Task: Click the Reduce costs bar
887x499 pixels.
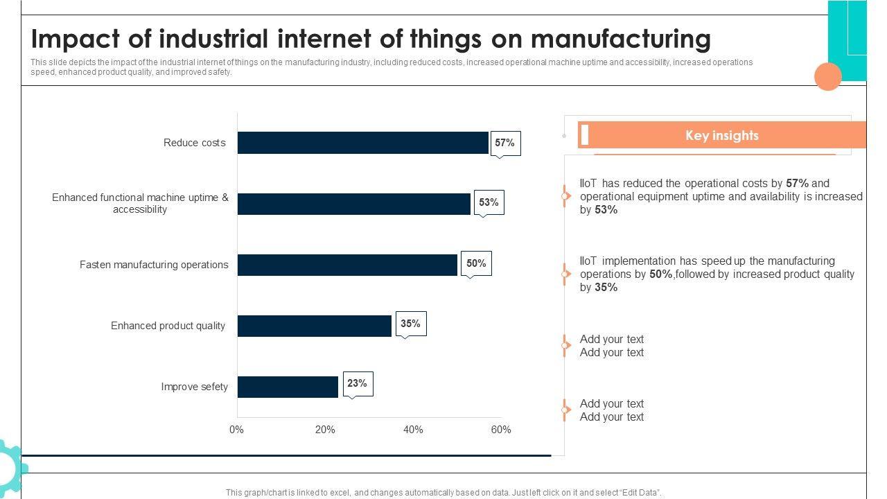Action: click(x=363, y=143)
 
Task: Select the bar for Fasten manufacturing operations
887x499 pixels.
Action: click(x=347, y=265)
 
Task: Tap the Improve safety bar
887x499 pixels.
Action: click(x=288, y=387)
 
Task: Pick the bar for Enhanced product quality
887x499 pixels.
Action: click(x=315, y=326)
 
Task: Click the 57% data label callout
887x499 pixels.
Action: click(x=504, y=143)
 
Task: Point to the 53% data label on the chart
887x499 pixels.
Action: click(x=489, y=202)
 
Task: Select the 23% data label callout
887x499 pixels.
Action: click(x=357, y=383)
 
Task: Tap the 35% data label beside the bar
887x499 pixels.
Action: click(x=410, y=324)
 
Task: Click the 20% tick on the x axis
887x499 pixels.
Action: click(x=325, y=430)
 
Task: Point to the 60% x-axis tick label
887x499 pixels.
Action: click(x=501, y=430)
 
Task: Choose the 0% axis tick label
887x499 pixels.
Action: click(x=237, y=430)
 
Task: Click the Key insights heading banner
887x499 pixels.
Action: click(x=721, y=135)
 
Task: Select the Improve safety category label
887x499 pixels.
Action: click(x=195, y=387)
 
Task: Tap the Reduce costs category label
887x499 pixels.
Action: click(x=195, y=143)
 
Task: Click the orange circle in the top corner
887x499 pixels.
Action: click(x=827, y=76)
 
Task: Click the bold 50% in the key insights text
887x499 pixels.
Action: click(x=660, y=274)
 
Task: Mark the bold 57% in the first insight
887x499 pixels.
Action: click(x=797, y=184)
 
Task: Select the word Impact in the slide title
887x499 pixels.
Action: click(x=71, y=39)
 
